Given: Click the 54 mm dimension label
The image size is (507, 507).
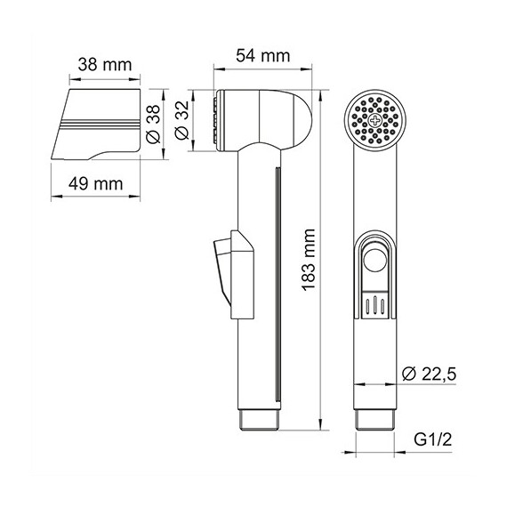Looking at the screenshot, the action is pos(262,56).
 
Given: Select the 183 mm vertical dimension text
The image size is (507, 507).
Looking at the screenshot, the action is pos(309,260).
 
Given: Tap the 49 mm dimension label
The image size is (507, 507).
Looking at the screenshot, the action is pos(96,184).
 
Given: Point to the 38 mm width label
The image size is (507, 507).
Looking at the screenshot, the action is pos(105,65).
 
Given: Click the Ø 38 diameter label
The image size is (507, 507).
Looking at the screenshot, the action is pos(153,124).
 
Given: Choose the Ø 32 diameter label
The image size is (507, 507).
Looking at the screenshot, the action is pos(181,120).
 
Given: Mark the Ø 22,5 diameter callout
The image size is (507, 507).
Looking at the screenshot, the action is pos(429,374).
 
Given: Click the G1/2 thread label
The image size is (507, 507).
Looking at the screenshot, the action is pos(432,439).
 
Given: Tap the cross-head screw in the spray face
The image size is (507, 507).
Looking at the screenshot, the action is pos(375,121).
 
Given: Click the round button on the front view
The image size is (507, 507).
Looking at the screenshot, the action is pos(375,261).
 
